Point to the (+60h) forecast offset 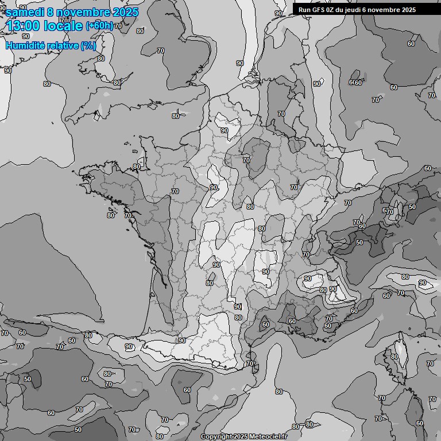99,26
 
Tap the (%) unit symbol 88,45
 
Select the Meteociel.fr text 268,437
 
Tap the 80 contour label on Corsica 394,357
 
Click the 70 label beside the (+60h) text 118,26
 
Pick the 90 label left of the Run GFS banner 278,13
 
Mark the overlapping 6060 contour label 355,83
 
